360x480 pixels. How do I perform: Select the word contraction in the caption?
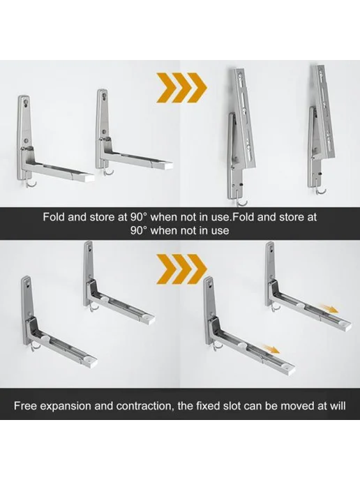[143, 406]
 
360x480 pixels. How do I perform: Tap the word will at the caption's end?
[338, 406]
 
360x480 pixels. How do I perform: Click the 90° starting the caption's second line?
[140, 230]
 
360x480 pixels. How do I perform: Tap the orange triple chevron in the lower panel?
[181, 269]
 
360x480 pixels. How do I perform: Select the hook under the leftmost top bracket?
[31, 183]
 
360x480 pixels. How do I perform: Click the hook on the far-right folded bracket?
[322, 190]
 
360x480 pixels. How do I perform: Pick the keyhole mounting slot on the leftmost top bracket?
[26, 102]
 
